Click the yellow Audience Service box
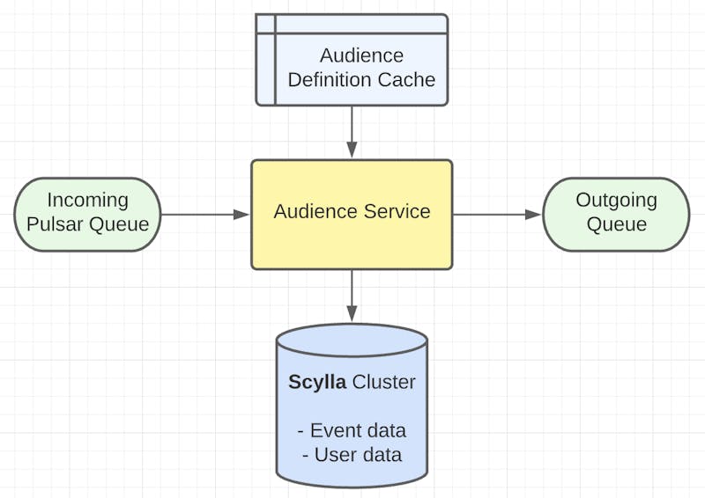coord(352,215)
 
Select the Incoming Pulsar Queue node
coord(87,215)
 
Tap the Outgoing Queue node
coord(616,215)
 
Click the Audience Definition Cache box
coord(352,60)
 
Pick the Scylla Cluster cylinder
coord(352,406)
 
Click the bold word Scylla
coord(317,382)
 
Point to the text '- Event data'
coord(352,430)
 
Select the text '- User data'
coord(352,455)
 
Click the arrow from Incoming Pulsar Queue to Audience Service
coord(205,215)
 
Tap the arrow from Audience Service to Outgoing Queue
coord(497,215)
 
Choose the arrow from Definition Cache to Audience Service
coord(352,132)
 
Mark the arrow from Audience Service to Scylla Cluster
coord(352,296)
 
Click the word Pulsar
coord(55,224)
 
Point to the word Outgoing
coord(616,201)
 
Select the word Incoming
coord(87,201)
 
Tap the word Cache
coord(406,80)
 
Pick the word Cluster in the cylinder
coord(383,382)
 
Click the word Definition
coord(330,80)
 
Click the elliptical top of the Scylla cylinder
coord(352,341)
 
